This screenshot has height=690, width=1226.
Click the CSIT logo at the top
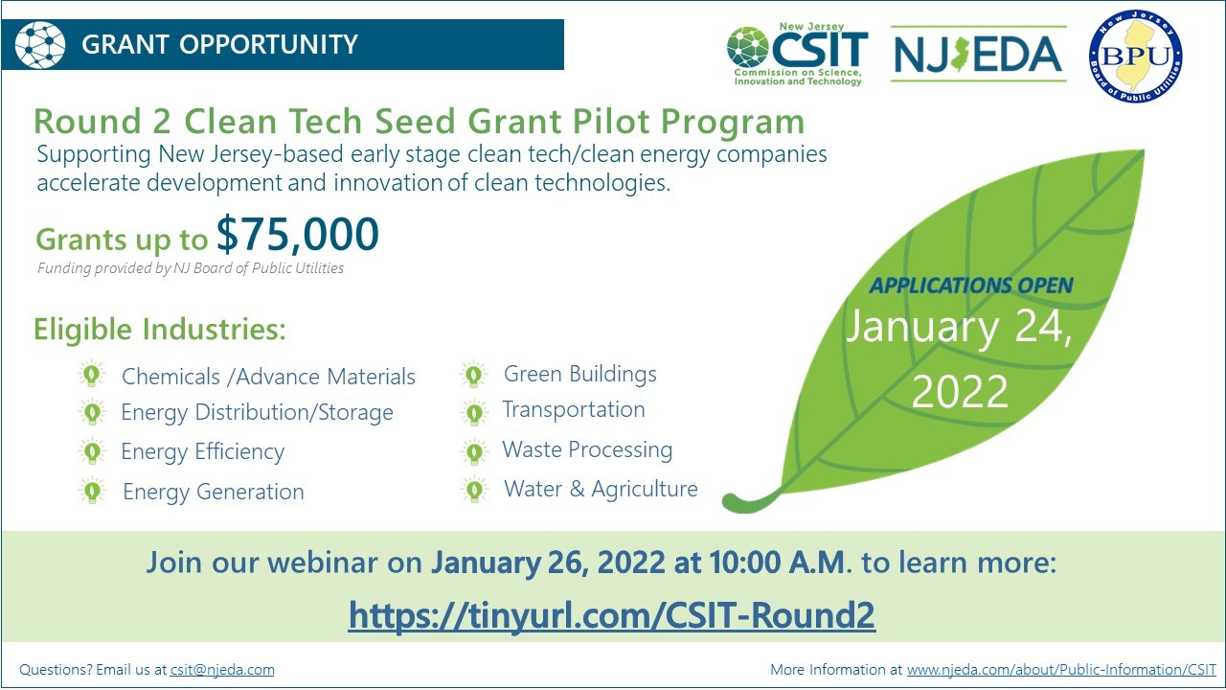(797, 55)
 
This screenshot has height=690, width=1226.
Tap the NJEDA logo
(978, 55)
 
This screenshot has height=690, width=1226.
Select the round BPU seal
(1136, 56)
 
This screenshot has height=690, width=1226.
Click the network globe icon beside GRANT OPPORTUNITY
(40, 44)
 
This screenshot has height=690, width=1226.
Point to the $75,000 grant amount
(297, 235)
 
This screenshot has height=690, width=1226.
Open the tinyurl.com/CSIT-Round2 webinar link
(612, 615)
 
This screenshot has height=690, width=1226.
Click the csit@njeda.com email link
(222, 669)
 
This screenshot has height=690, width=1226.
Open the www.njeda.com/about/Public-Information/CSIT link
(1061, 669)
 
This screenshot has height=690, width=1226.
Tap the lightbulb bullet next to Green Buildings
(473, 375)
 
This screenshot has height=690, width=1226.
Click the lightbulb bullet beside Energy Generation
(92, 491)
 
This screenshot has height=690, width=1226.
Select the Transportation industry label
(574, 410)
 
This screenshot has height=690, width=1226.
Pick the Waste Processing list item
(587, 450)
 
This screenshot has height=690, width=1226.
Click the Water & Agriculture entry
(601, 489)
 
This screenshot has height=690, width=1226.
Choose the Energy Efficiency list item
(202, 452)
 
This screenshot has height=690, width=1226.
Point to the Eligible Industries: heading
(160, 330)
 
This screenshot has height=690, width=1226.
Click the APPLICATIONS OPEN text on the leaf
(971, 286)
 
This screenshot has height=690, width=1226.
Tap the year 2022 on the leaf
(960, 392)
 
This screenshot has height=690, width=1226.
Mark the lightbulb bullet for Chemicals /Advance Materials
(91, 375)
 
